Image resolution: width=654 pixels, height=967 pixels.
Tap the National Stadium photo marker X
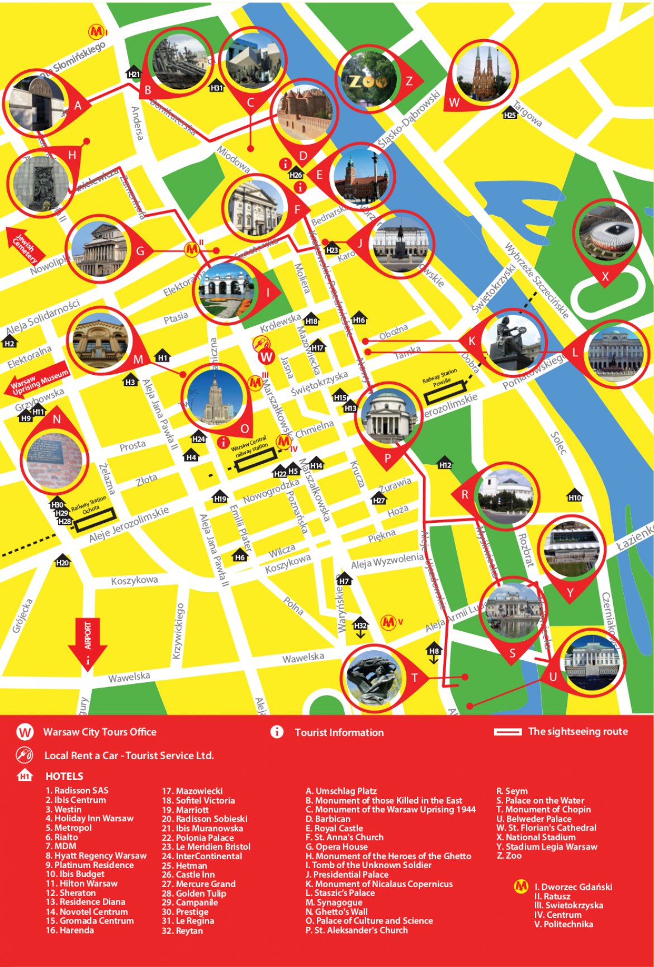click(x=606, y=234)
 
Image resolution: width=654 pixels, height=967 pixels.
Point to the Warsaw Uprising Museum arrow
click(x=38, y=381)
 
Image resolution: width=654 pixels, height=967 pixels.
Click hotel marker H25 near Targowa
click(x=510, y=114)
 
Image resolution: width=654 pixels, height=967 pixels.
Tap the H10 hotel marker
click(x=575, y=496)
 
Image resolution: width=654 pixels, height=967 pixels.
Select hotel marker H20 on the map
click(x=63, y=561)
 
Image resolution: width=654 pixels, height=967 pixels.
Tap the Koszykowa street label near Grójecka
click(x=134, y=580)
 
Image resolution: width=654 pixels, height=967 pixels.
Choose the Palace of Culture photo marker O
click(x=216, y=398)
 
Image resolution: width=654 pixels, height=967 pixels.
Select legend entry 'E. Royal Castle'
click(x=334, y=828)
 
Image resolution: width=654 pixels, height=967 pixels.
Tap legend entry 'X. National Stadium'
click(x=535, y=837)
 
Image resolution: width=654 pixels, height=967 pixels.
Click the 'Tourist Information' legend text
click(x=339, y=732)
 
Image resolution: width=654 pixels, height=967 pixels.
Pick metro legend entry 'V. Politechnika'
click(x=563, y=924)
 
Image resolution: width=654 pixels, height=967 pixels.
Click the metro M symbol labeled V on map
click(x=388, y=622)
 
